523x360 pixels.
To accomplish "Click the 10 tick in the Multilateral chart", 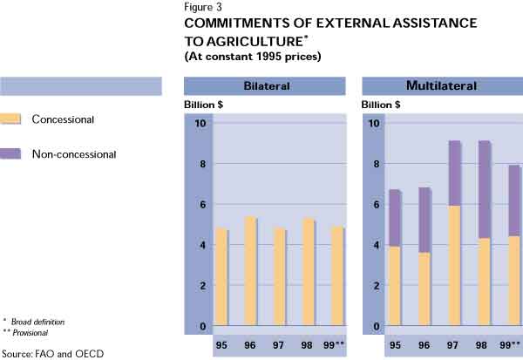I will pos(376,123).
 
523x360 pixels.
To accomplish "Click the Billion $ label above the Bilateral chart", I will pos(205,105).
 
